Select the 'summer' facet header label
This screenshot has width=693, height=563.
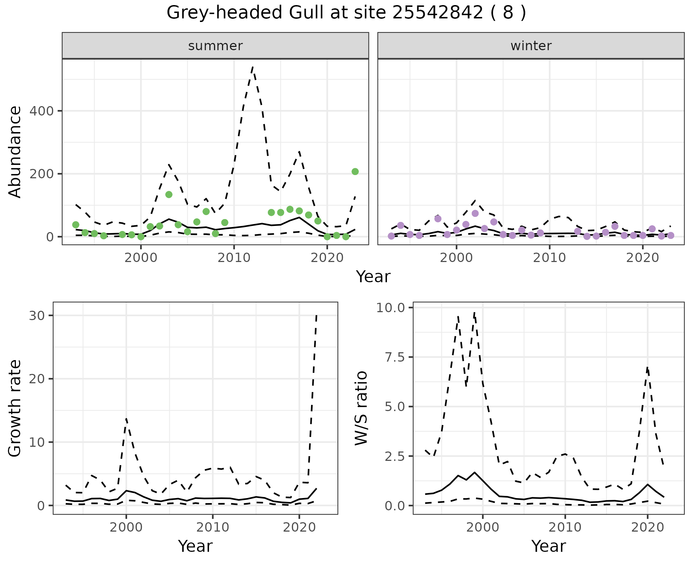click(x=215, y=46)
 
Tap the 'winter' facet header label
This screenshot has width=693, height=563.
click(x=531, y=46)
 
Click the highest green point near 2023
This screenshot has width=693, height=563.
click(x=355, y=171)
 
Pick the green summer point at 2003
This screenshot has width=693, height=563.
click(x=169, y=195)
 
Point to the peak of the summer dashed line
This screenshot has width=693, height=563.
click(x=253, y=67)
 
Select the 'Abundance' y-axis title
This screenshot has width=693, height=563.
click(x=15, y=152)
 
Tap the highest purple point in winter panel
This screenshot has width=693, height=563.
click(x=475, y=213)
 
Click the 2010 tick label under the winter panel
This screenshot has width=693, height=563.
click(x=549, y=258)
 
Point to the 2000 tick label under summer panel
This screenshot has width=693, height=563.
click(x=141, y=258)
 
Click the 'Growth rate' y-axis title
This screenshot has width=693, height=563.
click(x=15, y=408)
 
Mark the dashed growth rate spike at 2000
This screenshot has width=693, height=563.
click(x=126, y=418)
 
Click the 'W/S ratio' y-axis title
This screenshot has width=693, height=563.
click(x=361, y=408)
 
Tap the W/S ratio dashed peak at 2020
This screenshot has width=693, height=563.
click(x=648, y=367)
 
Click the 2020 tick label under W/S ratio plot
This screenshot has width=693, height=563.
click(x=648, y=527)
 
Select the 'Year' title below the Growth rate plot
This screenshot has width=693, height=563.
click(x=195, y=546)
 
